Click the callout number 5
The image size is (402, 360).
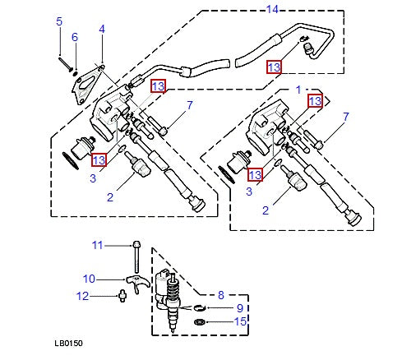58,21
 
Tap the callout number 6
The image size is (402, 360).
74,37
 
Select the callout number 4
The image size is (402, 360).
102,29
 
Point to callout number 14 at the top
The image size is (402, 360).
273,9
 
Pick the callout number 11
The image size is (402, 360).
97,244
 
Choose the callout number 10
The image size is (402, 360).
90,278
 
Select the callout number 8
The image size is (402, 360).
220,293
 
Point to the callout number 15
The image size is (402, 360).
240,321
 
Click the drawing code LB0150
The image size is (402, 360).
70,343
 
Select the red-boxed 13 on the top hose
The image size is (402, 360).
274,67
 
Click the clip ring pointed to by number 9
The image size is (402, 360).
200,307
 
